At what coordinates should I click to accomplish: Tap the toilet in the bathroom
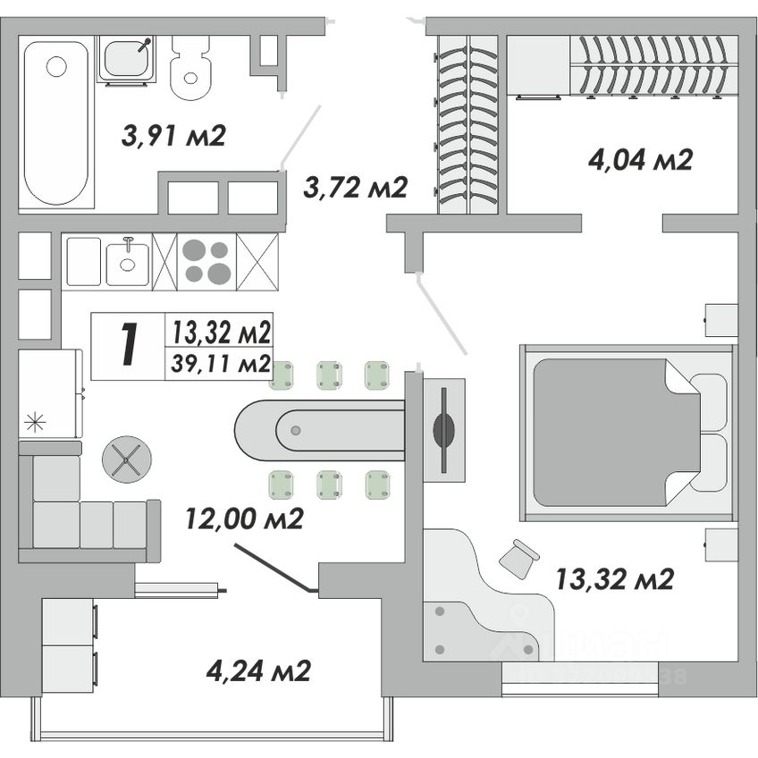click(x=189, y=68)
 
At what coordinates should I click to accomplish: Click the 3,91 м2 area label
click(x=173, y=136)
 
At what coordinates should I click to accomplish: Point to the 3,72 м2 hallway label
click(x=355, y=187)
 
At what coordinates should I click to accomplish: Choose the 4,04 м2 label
click(x=641, y=160)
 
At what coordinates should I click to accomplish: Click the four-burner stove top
click(x=206, y=261)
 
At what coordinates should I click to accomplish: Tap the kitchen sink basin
click(x=127, y=261)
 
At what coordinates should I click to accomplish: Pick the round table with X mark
click(x=127, y=459)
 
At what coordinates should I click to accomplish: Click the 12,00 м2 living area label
click(x=245, y=518)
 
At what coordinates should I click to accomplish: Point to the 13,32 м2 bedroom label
click(x=613, y=579)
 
